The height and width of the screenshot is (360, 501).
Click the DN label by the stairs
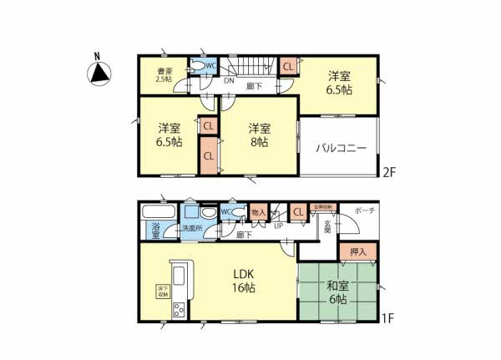[229, 81]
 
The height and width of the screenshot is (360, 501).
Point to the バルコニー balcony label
[341, 148]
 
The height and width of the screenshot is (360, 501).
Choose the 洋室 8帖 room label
[258, 135]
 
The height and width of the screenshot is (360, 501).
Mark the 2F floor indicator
[387, 173]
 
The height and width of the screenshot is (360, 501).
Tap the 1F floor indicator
[387, 317]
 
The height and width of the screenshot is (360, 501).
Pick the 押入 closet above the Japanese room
[358, 250]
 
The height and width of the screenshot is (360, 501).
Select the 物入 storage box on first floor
[258, 214]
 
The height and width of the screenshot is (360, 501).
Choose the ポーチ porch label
[364, 210]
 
